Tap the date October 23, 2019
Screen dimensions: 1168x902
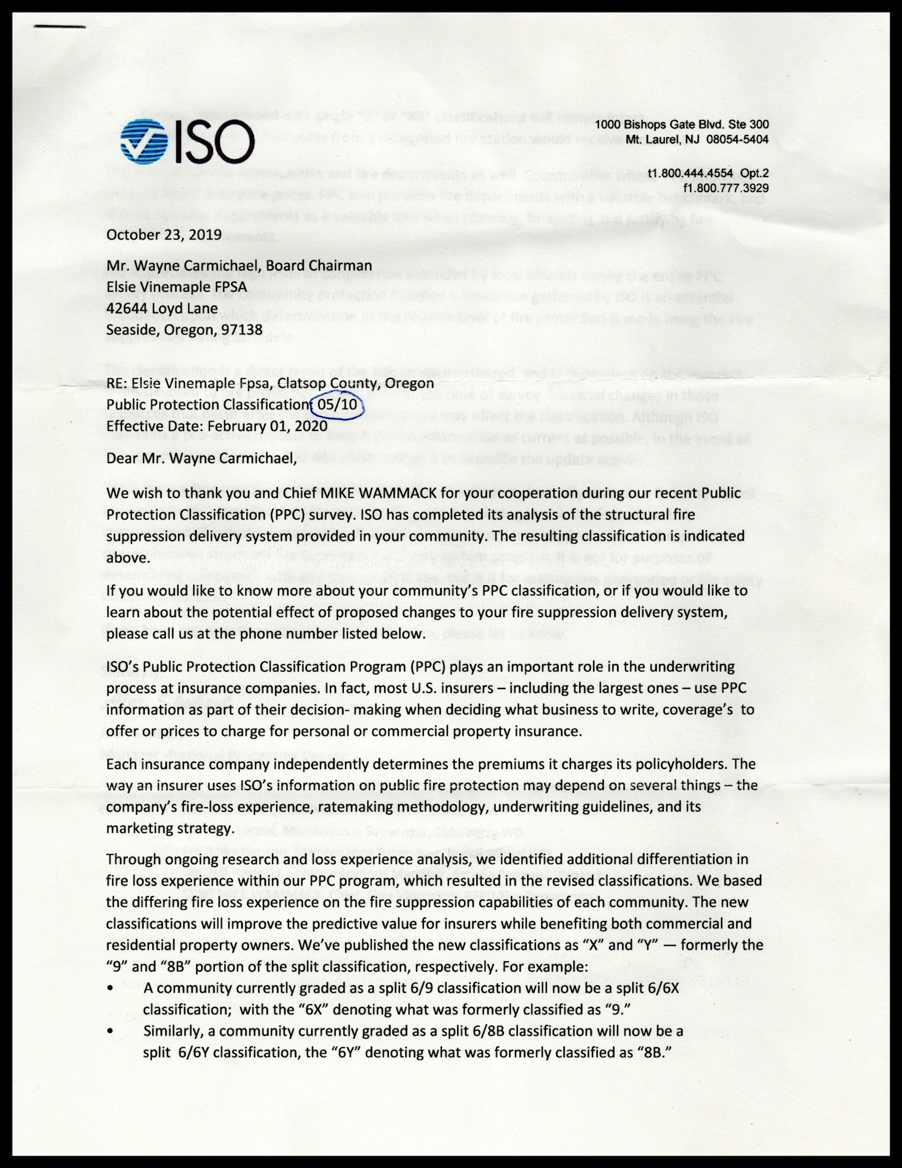[163, 235]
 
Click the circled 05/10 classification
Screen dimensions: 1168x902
[337, 404]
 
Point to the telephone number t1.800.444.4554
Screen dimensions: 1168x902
[690, 173]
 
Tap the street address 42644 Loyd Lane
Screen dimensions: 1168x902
[162, 308]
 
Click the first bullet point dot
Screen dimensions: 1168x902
[111, 988]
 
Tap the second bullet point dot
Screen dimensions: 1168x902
[111, 1031]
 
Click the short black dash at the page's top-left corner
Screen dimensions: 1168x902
[60, 26]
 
